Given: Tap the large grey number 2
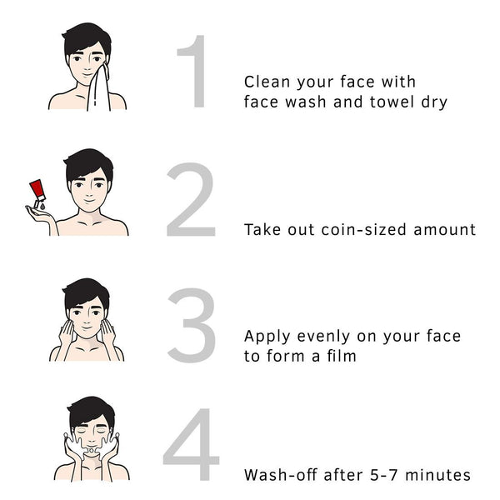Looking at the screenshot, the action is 191,199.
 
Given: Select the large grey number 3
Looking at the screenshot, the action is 192,325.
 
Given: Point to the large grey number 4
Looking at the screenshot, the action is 192,444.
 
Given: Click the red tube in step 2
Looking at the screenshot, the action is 37,191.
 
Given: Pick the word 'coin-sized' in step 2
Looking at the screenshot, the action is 363,230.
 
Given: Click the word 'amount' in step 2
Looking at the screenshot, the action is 444,230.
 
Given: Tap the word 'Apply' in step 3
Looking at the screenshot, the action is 267,337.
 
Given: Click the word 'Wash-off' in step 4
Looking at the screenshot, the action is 280,475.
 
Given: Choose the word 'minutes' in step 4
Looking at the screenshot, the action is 437,475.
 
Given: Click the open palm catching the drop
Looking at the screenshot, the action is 40,214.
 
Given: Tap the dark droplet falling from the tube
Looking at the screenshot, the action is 42,207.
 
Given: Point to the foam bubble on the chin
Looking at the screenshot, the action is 91,450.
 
